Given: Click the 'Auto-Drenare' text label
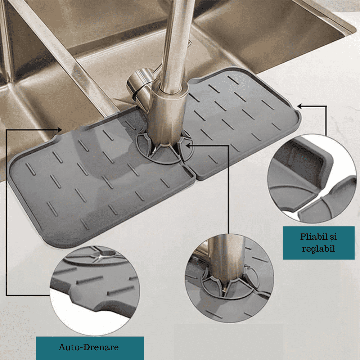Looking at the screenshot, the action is (89, 347).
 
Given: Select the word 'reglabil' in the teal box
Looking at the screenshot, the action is (319, 249).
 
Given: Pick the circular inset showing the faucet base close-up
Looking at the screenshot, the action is (229, 279).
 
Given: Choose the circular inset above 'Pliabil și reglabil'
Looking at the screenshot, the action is (312, 179).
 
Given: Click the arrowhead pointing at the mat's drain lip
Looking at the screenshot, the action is (60, 130).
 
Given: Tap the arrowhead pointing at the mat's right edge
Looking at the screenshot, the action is (300, 106).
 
